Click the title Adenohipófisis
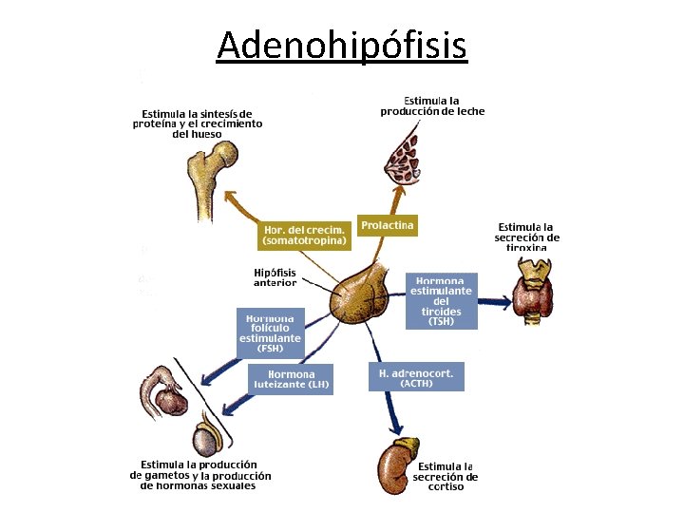(341, 45)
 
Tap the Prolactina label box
(388, 226)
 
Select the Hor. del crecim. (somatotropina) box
(304, 236)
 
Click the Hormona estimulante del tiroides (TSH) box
(441, 301)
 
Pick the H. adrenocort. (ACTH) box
(416, 378)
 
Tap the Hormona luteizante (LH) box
(292, 379)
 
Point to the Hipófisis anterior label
(275, 277)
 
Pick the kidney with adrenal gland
(397, 462)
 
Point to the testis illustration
(208, 439)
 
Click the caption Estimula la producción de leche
(432, 105)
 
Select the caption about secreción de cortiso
(446, 477)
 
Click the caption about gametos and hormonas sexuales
(199, 475)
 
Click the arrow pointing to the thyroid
(494, 302)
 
